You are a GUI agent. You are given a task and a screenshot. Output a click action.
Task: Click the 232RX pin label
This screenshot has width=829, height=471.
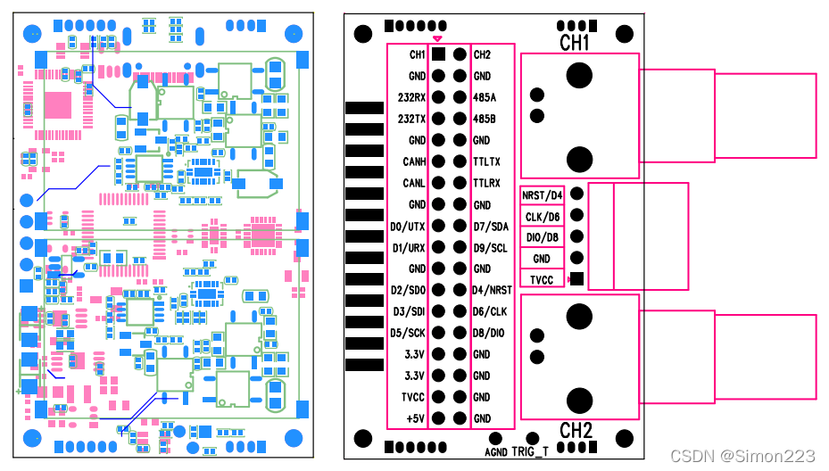[411, 97]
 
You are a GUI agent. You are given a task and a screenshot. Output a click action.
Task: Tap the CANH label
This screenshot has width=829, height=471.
[413, 161]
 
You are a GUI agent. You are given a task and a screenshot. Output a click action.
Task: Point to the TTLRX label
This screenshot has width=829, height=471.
[486, 183]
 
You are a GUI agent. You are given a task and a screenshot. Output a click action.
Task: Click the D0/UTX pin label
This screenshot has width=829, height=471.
[408, 227]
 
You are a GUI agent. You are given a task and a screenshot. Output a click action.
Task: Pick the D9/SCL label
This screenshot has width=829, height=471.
[489, 247]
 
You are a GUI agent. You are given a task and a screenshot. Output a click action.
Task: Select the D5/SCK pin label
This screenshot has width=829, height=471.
[408, 333]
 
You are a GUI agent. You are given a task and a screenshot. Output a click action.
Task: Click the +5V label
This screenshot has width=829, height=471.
[415, 418]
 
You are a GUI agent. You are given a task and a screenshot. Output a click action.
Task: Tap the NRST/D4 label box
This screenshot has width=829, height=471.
[543, 194]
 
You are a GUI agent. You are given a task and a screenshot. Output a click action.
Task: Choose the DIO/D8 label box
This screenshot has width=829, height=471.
[543, 237]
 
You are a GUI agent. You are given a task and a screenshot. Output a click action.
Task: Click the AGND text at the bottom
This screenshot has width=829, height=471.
[496, 451]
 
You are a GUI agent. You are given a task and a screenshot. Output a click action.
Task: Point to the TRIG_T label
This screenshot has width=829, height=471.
[530, 451]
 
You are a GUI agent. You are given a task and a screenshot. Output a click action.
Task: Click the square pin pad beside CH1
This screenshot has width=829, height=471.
[438, 54]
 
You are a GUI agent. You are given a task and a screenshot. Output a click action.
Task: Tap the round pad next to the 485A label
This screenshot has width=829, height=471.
[460, 97]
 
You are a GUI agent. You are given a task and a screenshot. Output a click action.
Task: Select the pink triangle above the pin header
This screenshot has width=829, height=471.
[437, 38]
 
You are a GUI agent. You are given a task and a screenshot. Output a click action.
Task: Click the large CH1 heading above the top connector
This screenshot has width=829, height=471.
[575, 43]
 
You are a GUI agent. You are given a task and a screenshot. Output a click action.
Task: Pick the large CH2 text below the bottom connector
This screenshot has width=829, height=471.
[576, 431]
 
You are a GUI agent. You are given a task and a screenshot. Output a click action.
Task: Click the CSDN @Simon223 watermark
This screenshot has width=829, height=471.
[742, 456]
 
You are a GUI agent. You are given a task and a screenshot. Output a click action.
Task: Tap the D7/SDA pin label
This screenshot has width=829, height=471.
[489, 227]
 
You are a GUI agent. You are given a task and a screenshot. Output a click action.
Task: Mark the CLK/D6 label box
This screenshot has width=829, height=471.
[543, 216]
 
